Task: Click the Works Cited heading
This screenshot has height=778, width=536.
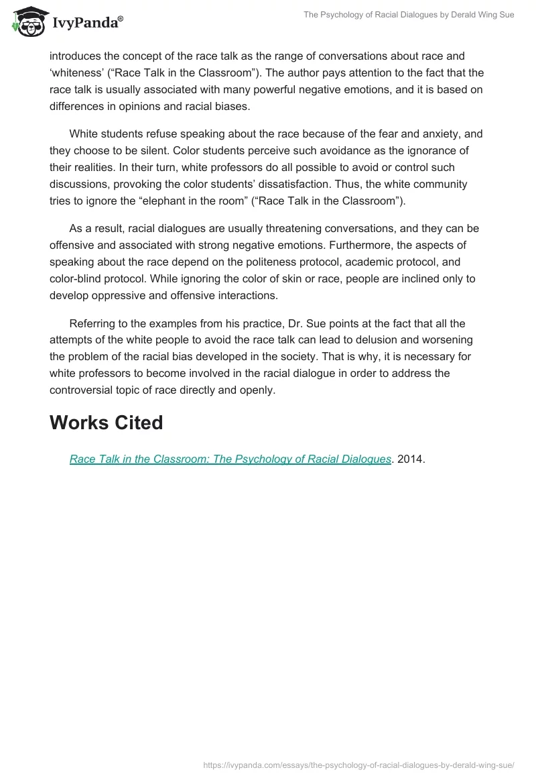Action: [106, 423]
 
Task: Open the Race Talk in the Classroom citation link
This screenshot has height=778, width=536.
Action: [230, 459]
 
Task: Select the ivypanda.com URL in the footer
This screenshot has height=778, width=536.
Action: [358, 764]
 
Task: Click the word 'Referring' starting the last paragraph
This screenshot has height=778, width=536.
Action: [92, 323]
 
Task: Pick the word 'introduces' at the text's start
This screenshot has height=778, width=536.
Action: [76, 56]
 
